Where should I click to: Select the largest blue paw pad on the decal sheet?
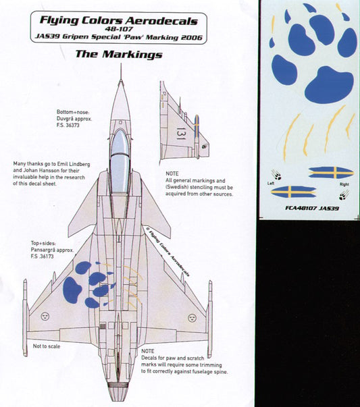[329, 83]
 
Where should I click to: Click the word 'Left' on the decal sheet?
[272, 182]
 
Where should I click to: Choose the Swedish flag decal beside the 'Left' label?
[291, 191]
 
